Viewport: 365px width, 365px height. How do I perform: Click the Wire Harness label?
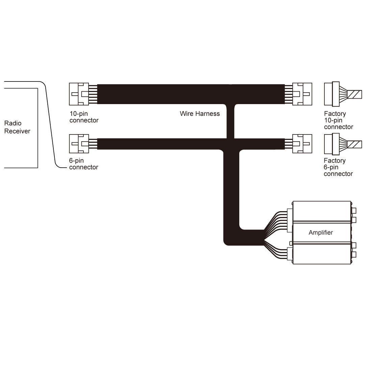pos(200,114)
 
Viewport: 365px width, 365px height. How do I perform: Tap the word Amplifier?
pos(320,233)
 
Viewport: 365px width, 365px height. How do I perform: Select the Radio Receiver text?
pos(17,127)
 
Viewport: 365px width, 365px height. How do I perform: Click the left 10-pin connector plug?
pos(79,94)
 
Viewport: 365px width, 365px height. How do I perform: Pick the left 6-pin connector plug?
pos(79,144)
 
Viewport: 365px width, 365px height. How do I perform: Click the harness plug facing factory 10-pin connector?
pos(302,94)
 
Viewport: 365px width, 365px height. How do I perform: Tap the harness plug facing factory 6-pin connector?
pos(302,144)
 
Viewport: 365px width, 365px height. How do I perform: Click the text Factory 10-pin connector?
pos(338,120)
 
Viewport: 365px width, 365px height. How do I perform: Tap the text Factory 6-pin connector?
pos(338,167)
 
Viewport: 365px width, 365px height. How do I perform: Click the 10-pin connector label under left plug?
pos(84,117)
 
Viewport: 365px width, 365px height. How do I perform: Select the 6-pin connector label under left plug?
pos(83,164)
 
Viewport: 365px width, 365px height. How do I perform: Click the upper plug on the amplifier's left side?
pos(290,220)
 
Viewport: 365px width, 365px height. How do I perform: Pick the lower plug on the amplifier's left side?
pos(289,254)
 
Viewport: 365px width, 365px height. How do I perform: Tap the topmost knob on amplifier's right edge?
pos(354,211)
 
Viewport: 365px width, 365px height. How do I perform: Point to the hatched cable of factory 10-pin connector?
pos(355,94)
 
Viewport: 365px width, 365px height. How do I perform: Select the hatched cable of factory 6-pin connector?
pos(355,144)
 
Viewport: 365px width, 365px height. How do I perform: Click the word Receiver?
pos(17,131)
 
